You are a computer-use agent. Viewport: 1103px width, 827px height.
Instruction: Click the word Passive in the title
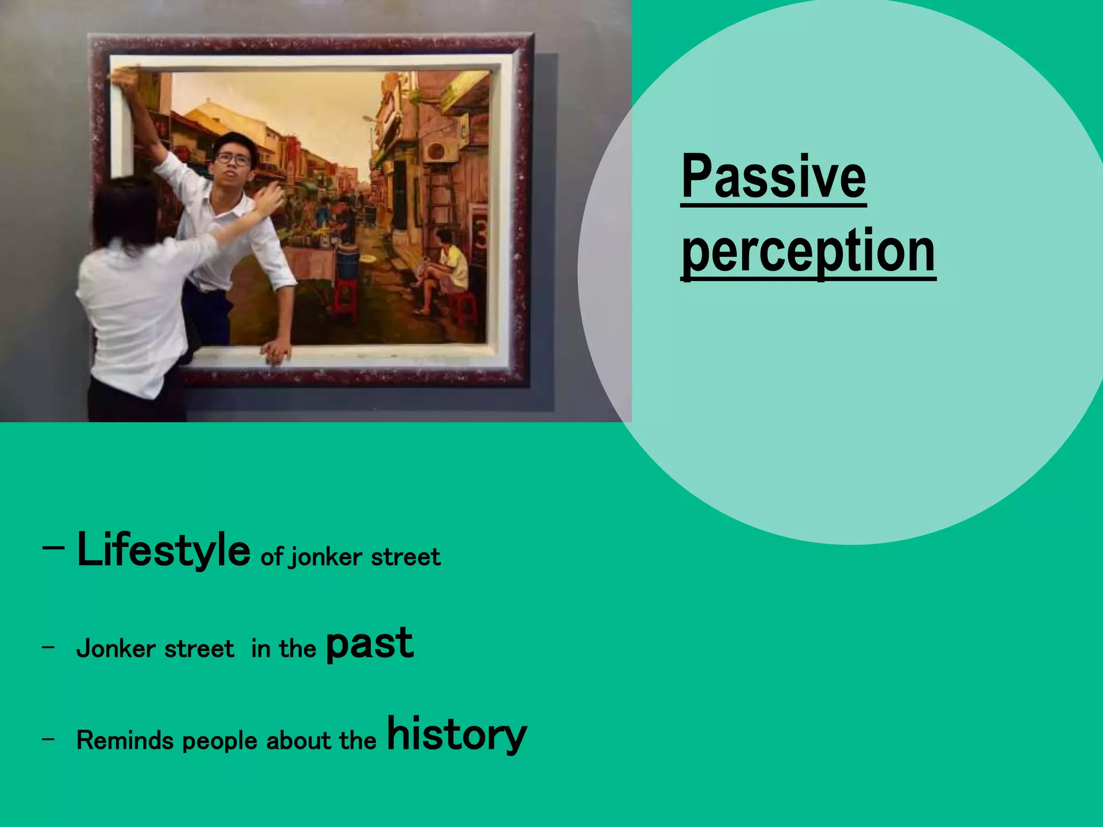click(773, 177)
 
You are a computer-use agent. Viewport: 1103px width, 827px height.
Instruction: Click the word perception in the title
click(808, 251)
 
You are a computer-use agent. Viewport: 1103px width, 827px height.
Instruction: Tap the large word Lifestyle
click(163, 550)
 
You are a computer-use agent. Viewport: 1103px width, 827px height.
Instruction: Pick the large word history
click(456, 735)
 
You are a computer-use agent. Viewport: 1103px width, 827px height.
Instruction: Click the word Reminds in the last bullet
click(125, 740)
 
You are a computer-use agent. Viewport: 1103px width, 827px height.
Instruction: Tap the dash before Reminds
click(48, 739)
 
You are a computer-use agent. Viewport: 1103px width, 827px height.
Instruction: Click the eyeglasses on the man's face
click(233, 159)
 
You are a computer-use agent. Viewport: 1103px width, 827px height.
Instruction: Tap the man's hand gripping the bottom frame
click(277, 352)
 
